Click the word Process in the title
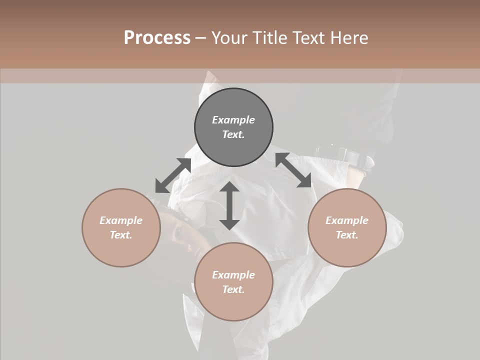(x=157, y=38)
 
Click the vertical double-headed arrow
(x=229, y=205)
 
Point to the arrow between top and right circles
(x=293, y=170)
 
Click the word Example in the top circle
(x=233, y=120)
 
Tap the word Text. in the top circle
(x=233, y=134)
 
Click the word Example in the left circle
(x=121, y=220)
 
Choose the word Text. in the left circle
(x=121, y=235)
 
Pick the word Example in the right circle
(x=347, y=220)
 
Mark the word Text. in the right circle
(x=347, y=235)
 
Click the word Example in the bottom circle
(x=233, y=275)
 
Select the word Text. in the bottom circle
(x=233, y=289)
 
